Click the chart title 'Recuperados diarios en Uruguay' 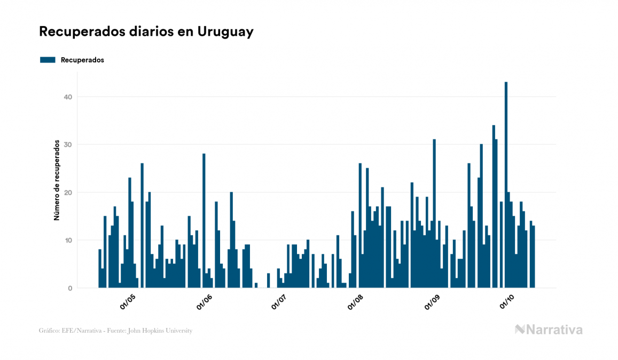tap(146, 32)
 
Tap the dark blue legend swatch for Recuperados tap(48, 60)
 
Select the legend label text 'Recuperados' tap(82, 60)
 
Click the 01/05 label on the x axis tap(128, 302)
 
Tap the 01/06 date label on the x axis tap(205, 302)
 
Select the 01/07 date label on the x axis tap(279, 302)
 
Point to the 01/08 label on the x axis tap(356, 302)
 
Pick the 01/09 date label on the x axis tap(433, 302)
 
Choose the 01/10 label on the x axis tap(507, 302)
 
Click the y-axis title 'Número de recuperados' tap(56, 181)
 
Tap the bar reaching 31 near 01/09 tap(434, 213)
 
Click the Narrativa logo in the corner tap(549, 330)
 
